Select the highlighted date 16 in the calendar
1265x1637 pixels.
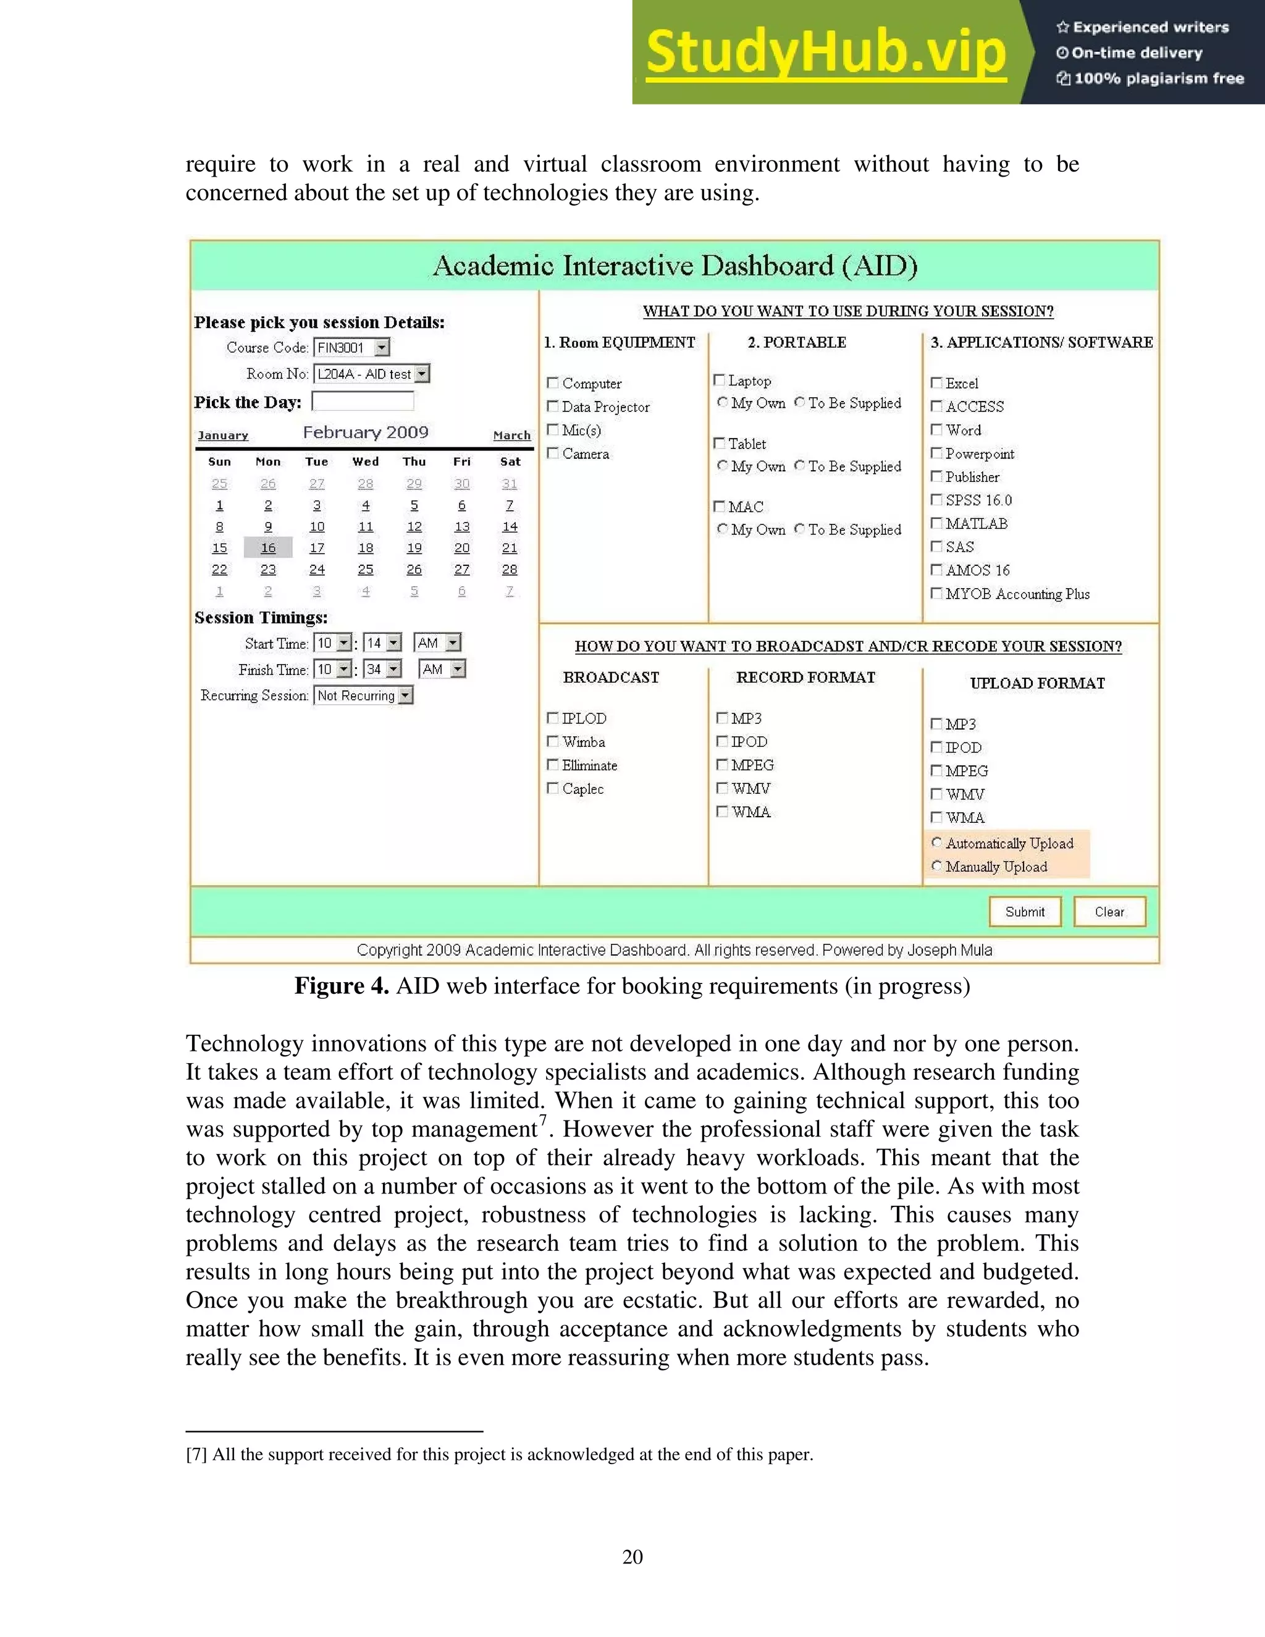click(268, 548)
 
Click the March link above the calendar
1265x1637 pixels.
click(512, 436)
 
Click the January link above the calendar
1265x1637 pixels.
click(222, 436)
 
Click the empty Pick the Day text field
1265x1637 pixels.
click(363, 402)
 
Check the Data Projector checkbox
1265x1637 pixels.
click(553, 406)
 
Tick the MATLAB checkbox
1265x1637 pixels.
click(936, 523)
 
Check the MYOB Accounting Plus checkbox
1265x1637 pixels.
click(936, 593)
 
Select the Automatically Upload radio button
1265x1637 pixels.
click(936, 843)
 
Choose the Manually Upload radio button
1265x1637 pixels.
click(936, 865)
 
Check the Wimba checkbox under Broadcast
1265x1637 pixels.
click(553, 741)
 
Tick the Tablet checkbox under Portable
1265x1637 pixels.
click(720, 443)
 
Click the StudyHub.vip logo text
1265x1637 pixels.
click(826, 53)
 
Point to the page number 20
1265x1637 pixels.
click(632, 1557)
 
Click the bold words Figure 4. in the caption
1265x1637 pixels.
click(342, 986)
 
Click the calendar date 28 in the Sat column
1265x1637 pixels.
click(510, 570)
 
